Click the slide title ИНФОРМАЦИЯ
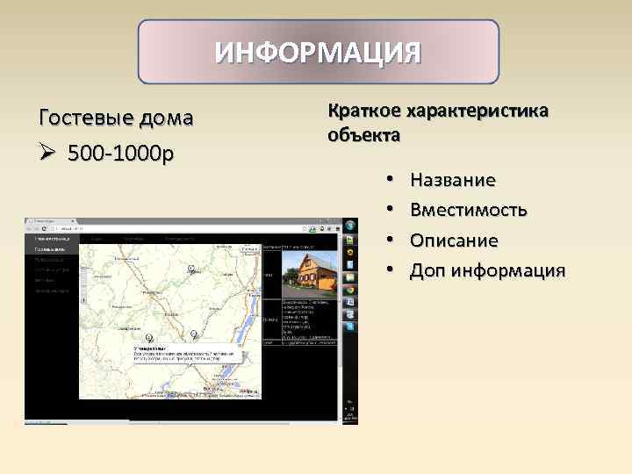coord(319,52)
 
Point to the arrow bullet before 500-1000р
coord(48,154)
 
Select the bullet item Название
coord(452,180)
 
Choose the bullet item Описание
coord(454,240)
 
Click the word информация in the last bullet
coord(508,269)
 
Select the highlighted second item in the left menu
coord(52,248)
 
